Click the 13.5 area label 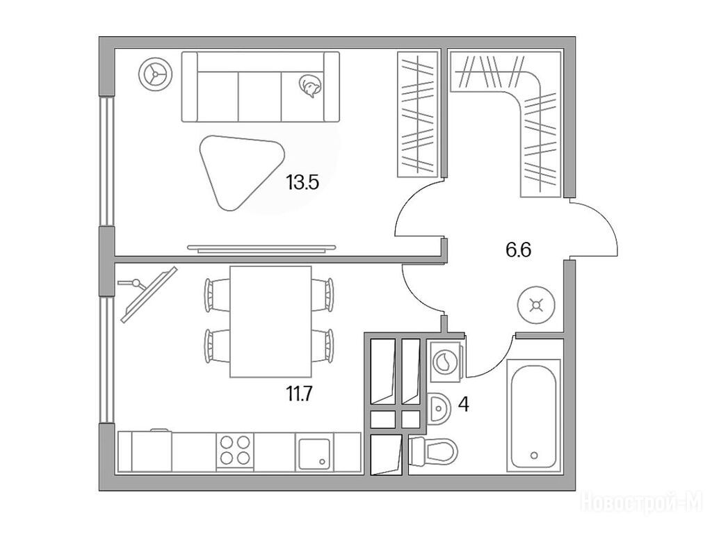point(303,183)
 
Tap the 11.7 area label point(299,394)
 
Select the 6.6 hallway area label point(519,250)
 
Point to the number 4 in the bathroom point(463,404)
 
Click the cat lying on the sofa point(310,86)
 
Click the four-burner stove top point(235,451)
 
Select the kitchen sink point(314,455)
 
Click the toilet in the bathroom point(434,451)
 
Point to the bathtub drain point(534,455)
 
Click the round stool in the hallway point(537,305)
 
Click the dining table point(270,322)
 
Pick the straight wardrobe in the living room point(418,114)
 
